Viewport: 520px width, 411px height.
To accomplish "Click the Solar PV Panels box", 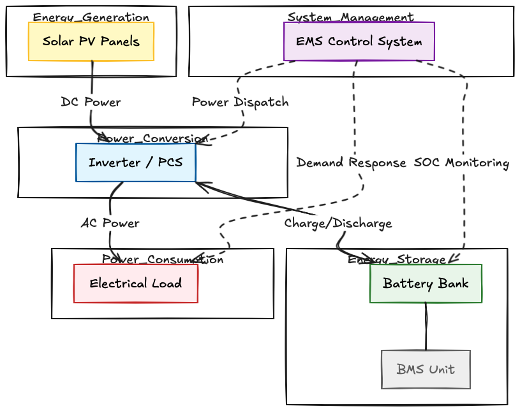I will pos(91,41).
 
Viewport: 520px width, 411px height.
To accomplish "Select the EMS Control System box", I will pos(359,41).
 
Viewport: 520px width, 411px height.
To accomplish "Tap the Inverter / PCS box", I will pos(135,162).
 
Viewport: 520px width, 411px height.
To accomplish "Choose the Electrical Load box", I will pos(135,284).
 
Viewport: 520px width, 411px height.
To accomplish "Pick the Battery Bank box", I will pos(426,284).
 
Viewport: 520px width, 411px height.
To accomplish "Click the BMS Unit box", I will pos(426,369).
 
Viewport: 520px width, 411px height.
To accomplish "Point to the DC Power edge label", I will pos(91,102).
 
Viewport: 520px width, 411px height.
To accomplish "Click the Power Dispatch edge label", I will pos(240,102).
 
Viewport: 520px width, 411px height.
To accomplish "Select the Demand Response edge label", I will pos(351,163).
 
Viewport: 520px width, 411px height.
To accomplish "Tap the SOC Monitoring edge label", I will pos(461,163).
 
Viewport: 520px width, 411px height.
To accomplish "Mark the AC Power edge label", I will pos(110,223).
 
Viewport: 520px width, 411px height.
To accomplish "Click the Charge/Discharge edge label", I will pos(338,223).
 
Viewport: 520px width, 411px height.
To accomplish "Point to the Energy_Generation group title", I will pos(91,18).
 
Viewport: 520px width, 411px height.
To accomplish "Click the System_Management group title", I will pos(350,17).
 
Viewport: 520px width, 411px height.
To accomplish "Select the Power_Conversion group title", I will pos(152,138).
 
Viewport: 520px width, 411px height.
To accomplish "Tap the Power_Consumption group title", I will pos(162,259).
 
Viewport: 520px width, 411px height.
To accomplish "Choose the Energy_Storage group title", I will pos(396,259).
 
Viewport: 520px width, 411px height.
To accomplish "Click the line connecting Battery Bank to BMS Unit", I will pos(426,326).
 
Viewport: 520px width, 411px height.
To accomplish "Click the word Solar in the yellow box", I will pos(58,41).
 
